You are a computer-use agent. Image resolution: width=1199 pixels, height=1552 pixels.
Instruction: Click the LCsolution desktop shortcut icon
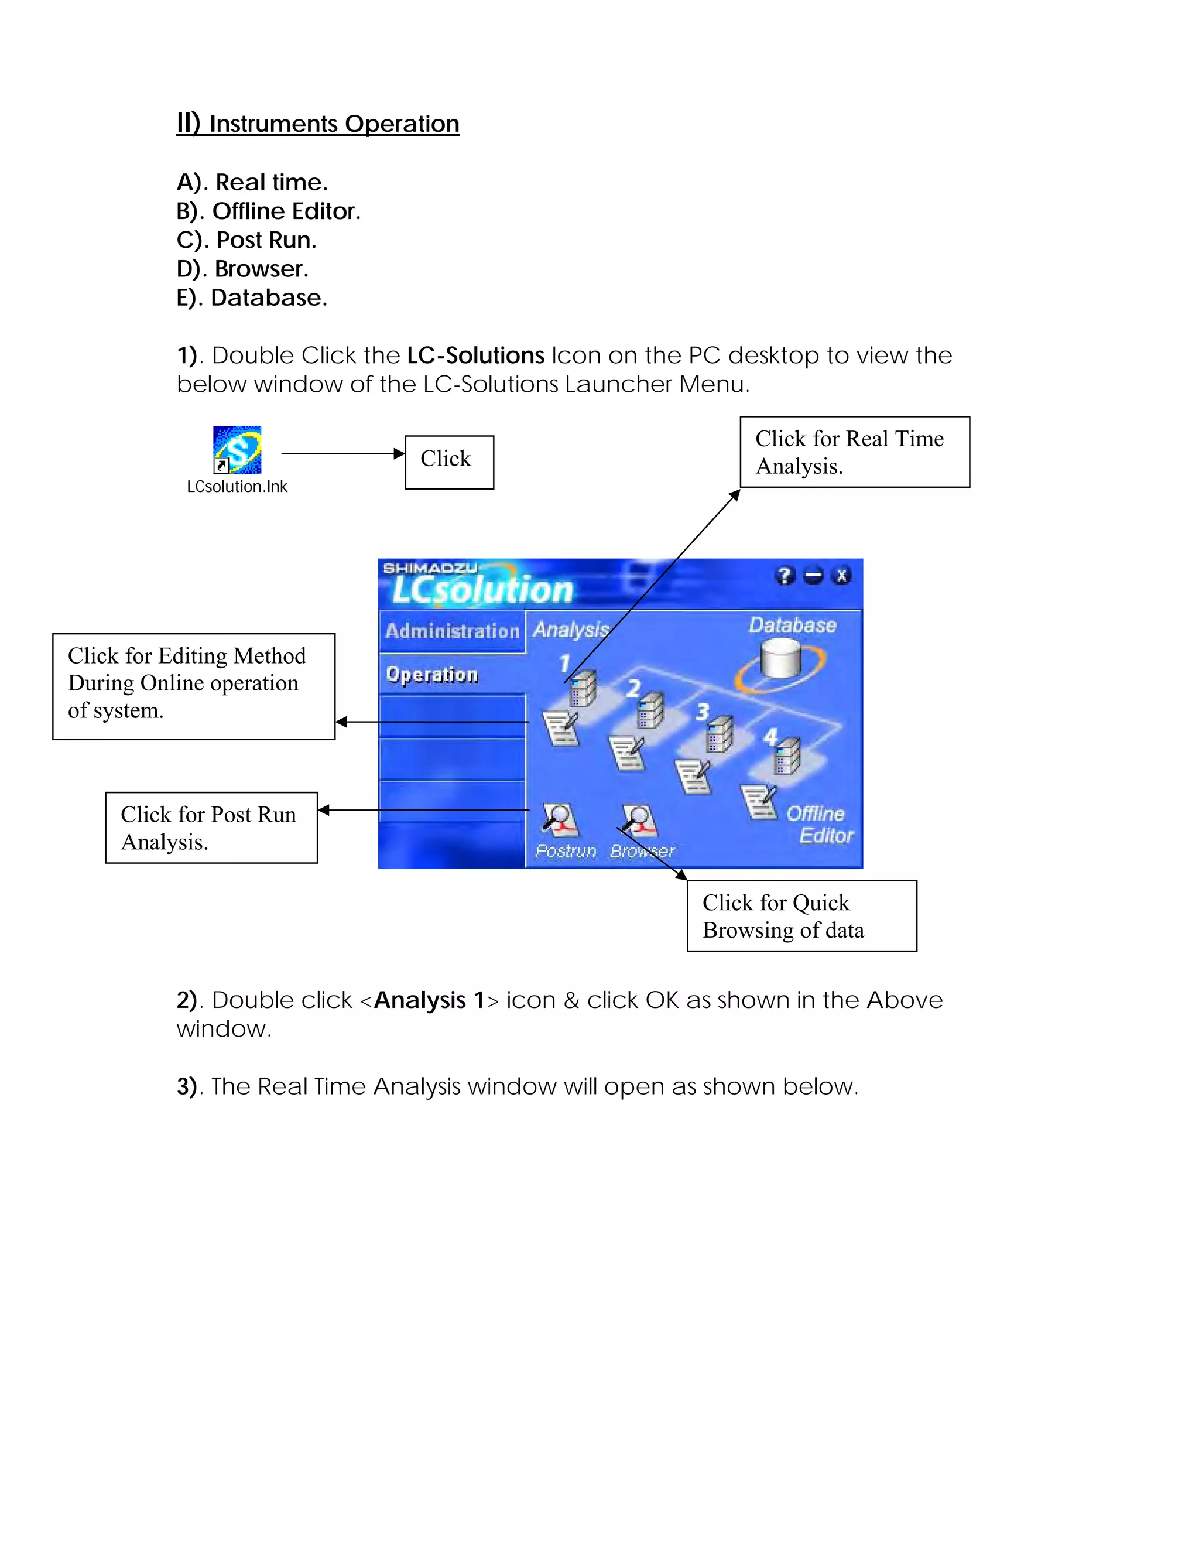(237, 450)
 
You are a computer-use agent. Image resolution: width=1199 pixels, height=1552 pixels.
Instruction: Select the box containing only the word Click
(449, 462)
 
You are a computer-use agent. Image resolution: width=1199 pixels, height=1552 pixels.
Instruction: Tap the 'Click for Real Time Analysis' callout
(855, 452)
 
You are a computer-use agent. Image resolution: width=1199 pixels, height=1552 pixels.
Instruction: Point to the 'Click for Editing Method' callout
(193, 686)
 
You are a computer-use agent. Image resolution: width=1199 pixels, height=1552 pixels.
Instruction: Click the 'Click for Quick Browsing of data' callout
(801, 915)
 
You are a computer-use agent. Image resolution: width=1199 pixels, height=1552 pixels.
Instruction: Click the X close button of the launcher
(842, 576)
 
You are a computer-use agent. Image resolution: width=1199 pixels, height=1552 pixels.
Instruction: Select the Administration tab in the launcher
(452, 631)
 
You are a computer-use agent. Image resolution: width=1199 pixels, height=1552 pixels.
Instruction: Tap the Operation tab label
(432, 674)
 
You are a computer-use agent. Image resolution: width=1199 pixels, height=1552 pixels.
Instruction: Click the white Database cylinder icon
(780, 659)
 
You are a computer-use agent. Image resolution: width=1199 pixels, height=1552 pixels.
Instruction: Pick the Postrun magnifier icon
(560, 821)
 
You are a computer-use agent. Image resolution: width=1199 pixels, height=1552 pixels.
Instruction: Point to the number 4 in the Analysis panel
(770, 736)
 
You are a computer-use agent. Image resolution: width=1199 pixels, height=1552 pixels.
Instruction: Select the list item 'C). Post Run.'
(246, 240)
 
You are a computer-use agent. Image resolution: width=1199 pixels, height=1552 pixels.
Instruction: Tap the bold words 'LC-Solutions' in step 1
(475, 355)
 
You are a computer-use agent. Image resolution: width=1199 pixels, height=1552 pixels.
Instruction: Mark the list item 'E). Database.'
(251, 298)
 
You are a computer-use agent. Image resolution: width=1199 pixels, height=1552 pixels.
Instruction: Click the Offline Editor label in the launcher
(819, 825)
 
